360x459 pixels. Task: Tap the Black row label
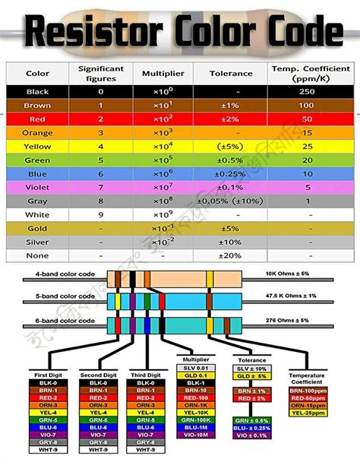[x=38, y=91]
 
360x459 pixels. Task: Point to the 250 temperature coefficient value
[x=308, y=91]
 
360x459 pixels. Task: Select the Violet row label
[x=38, y=186]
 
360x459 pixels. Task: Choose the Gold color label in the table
[x=38, y=227]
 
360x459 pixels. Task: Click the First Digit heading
[x=47, y=375]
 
